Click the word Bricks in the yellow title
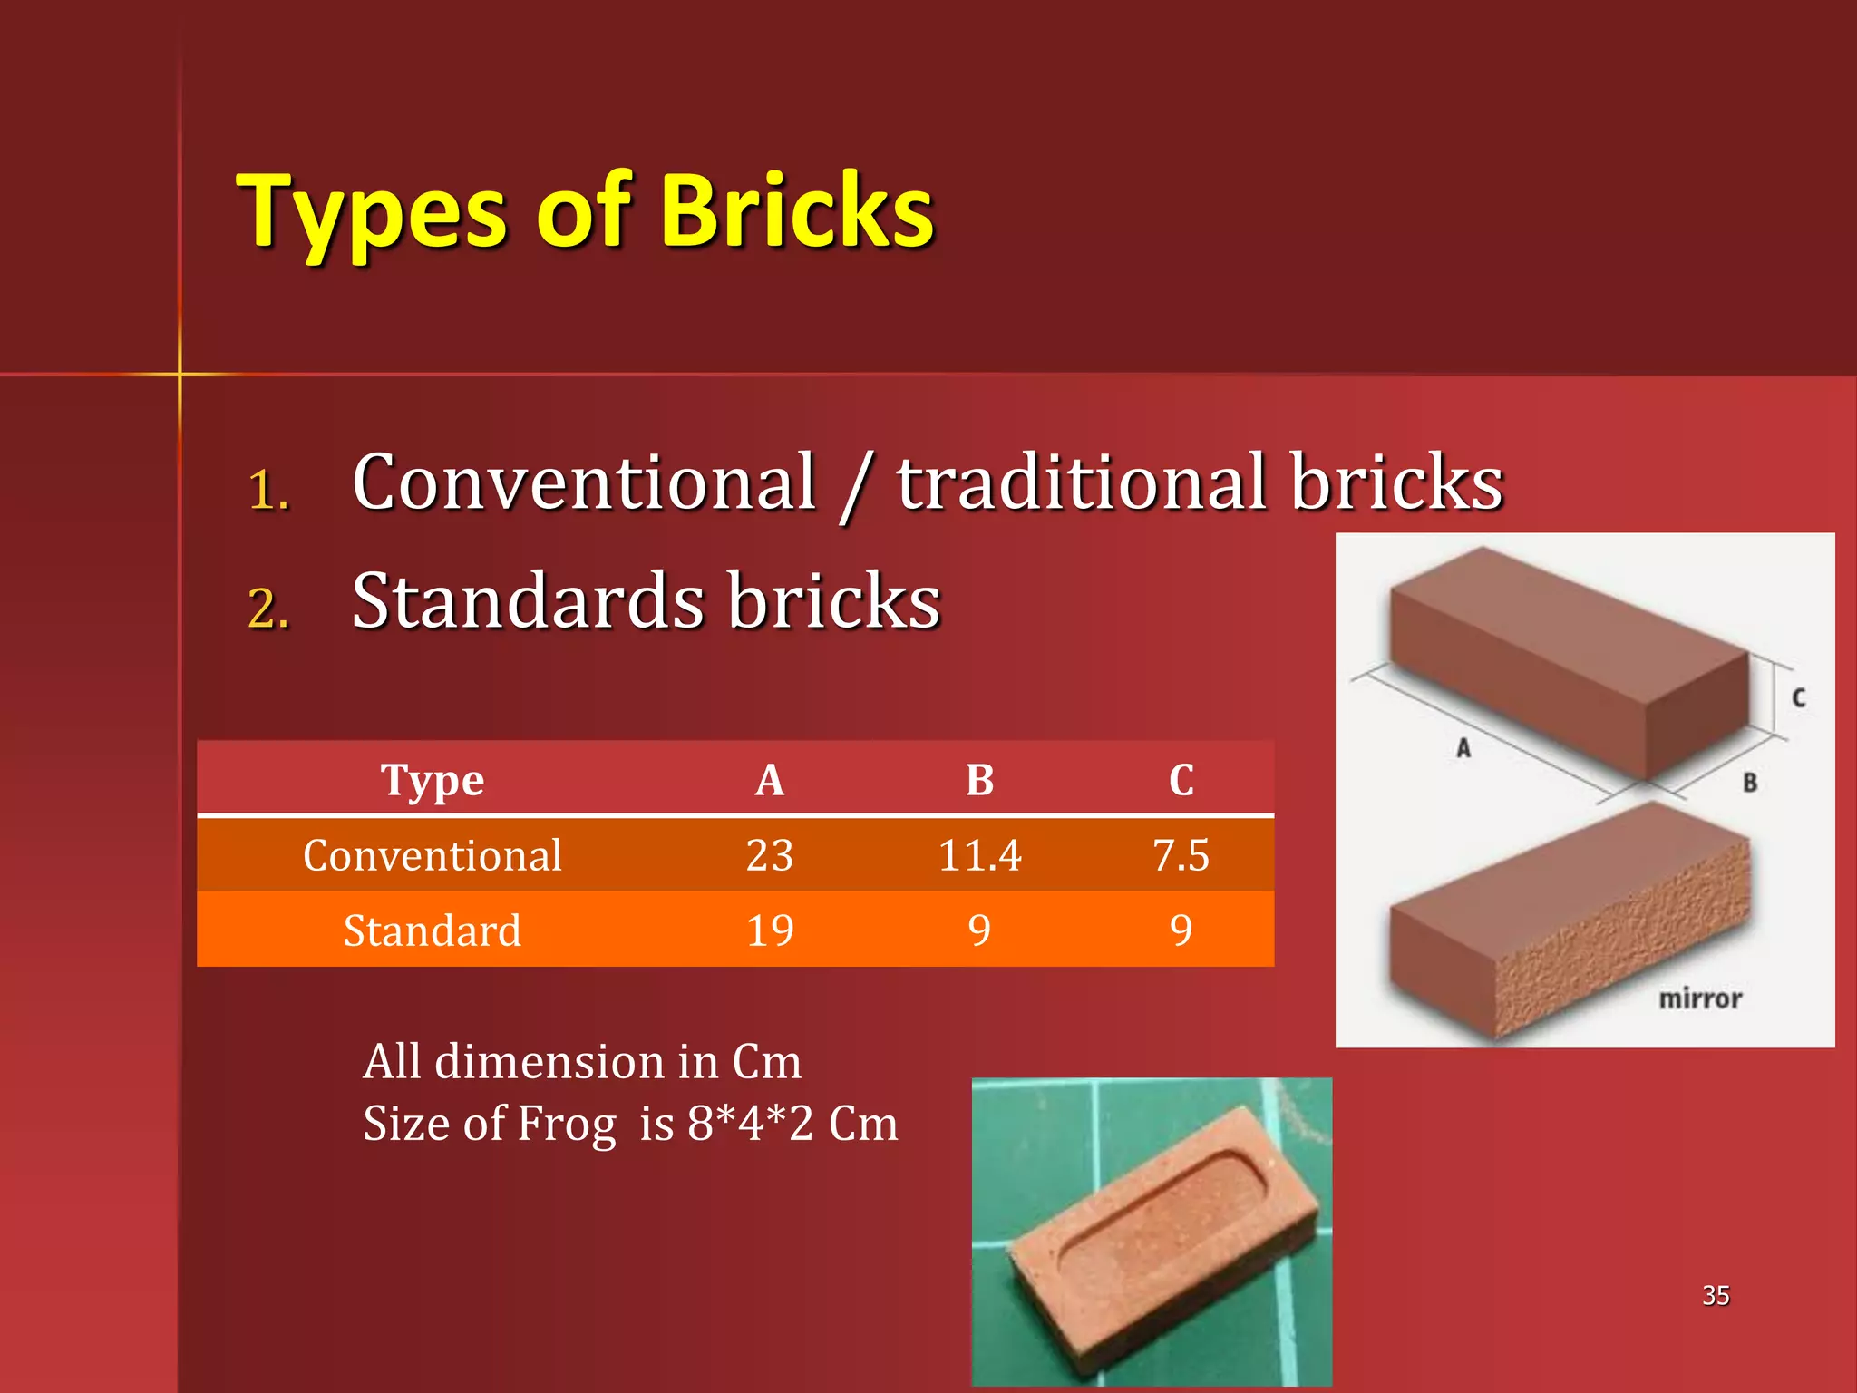(797, 211)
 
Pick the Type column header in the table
(433, 779)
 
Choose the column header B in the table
(979, 779)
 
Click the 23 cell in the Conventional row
(770, 855)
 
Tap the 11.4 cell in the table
(979, 855)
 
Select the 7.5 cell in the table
(1181, 855)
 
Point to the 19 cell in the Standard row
(770, 930)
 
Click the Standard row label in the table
(433, 930)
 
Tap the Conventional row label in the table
(433, 855)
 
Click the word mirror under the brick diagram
(1700, 998)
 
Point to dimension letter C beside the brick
(1799, 697)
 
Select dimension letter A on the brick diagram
(1463, 748)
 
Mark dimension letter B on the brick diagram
(1750, 783)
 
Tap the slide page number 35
(1716, 1295)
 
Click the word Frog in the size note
(566, 1124)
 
